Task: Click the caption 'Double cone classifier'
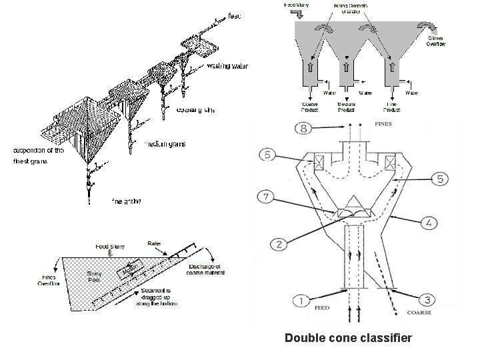tap(348, 339)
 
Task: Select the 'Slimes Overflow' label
tap(436, 41)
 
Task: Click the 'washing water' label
tap(228, 66)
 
